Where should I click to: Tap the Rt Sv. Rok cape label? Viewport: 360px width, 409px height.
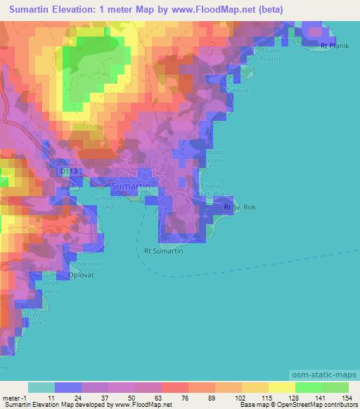[x=238, y=208]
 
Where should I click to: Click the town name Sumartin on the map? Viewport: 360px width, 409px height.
[x=131, y=186]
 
